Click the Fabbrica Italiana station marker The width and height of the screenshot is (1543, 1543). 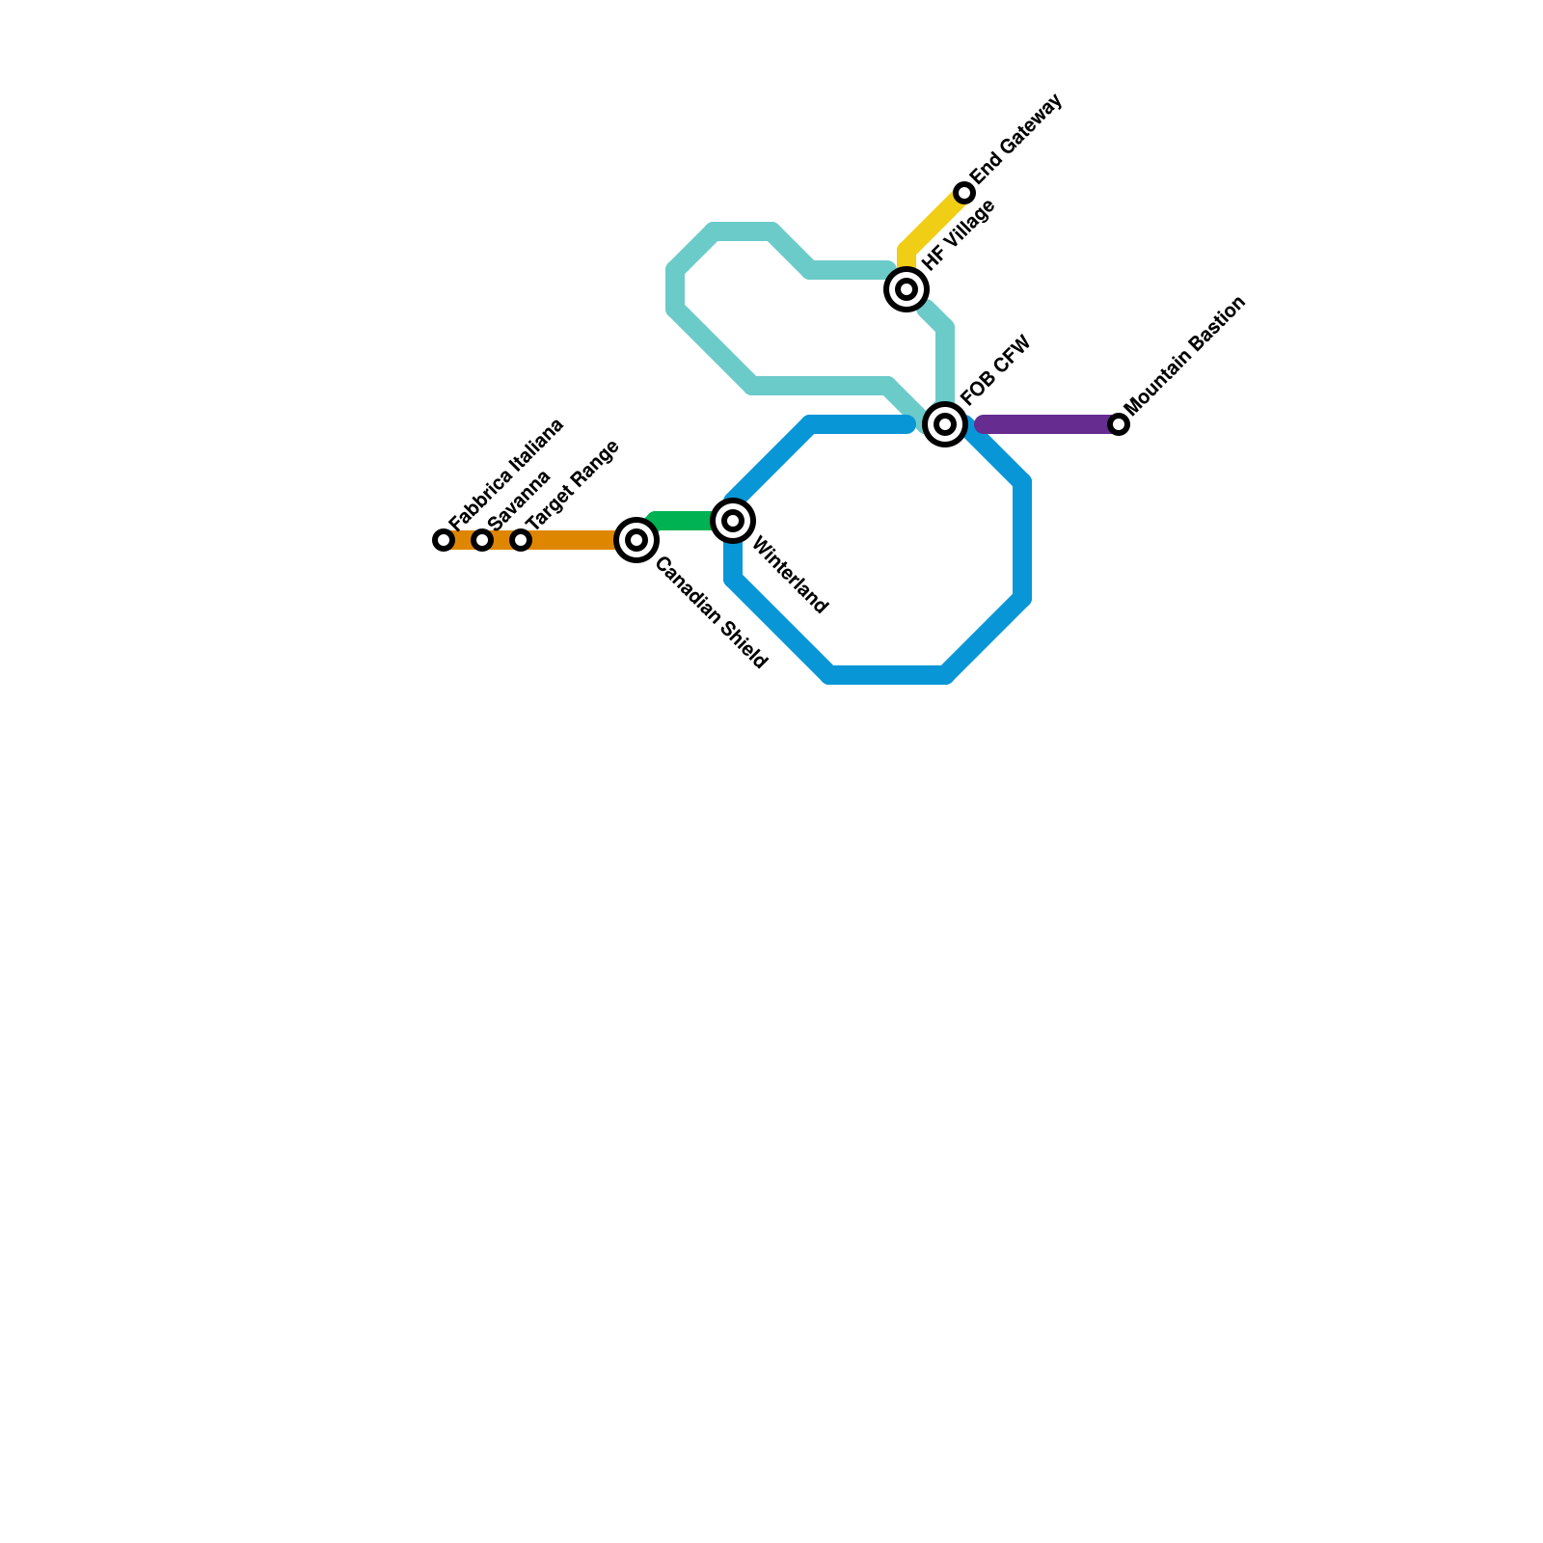click(444, 540)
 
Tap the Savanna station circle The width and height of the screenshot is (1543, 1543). click(482, 540)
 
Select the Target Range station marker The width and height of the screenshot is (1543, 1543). click(521, 540)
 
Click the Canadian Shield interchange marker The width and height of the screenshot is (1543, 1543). click(636, 540)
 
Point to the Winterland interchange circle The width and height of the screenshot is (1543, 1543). click(733, 521)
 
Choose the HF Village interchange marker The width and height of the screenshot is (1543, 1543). click(907, 289)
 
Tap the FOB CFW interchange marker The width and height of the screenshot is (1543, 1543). click(945, 424)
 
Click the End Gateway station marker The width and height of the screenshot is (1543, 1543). click(964, 193)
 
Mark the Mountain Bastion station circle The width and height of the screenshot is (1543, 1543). click(1119, 424)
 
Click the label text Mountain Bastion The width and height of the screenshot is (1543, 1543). click(1186, 355)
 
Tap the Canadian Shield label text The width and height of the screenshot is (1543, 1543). click(711, 613)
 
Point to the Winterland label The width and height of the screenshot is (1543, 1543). click(789, 576)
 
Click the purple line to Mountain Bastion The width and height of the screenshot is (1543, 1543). click(1046, 424)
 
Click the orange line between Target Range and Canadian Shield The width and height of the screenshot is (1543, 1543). click(574, 540)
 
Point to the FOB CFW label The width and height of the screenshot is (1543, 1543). click(996, 370)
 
